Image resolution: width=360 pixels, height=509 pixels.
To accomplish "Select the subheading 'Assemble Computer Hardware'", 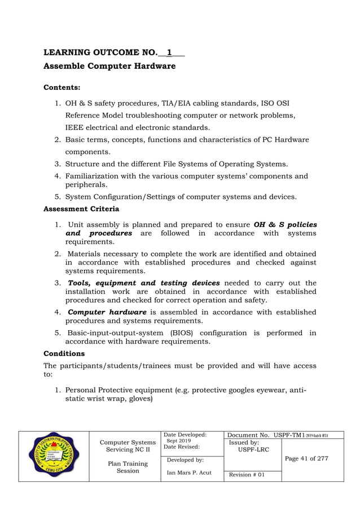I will point(109,67).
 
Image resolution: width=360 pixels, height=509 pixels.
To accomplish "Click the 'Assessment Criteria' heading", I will point(81,209).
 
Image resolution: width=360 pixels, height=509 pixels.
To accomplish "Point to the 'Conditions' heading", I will point(64,353).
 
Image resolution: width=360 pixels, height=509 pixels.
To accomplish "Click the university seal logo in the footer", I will point(54,456).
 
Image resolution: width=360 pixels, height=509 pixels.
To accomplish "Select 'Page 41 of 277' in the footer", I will point(306,458).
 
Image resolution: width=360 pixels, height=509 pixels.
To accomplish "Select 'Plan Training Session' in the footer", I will point(128,467).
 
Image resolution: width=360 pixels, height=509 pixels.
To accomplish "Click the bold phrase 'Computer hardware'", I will point(107,311).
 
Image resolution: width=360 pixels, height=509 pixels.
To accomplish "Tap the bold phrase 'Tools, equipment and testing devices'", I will point(144,283).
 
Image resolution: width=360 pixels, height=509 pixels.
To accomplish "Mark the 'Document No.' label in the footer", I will point(248,435).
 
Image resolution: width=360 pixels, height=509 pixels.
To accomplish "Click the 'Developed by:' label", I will point(183,460).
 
